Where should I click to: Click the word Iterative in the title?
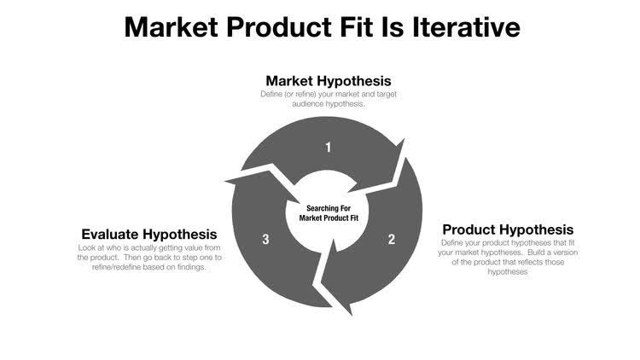[460, 26]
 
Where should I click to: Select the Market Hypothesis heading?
[328, 81]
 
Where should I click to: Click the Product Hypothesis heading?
[508, 229]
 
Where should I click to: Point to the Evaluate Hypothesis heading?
[148, 234]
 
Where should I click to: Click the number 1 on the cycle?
[328, 148]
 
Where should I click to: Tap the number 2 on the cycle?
[392, 240]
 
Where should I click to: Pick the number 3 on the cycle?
[266, 240]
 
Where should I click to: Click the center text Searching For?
[328, 206]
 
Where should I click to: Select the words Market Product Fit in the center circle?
[328, 218]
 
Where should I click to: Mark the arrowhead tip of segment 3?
[224, 180]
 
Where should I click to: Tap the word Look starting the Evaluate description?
[85, 248]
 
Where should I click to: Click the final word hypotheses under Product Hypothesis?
[507, 272]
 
